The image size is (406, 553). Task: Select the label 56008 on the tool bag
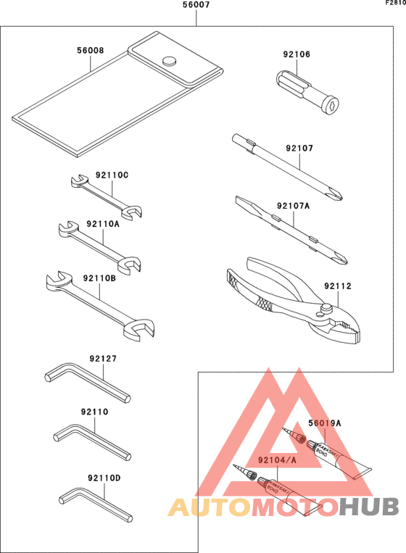[90, 51]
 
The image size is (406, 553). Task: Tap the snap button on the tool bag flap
[170, 62]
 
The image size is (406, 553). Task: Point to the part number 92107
[299, 149]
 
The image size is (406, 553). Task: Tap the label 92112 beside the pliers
[338, 286]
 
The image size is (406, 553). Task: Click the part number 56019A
[324, 423]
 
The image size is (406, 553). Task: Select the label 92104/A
[276, 460]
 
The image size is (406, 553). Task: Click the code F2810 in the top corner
[395, 4]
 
